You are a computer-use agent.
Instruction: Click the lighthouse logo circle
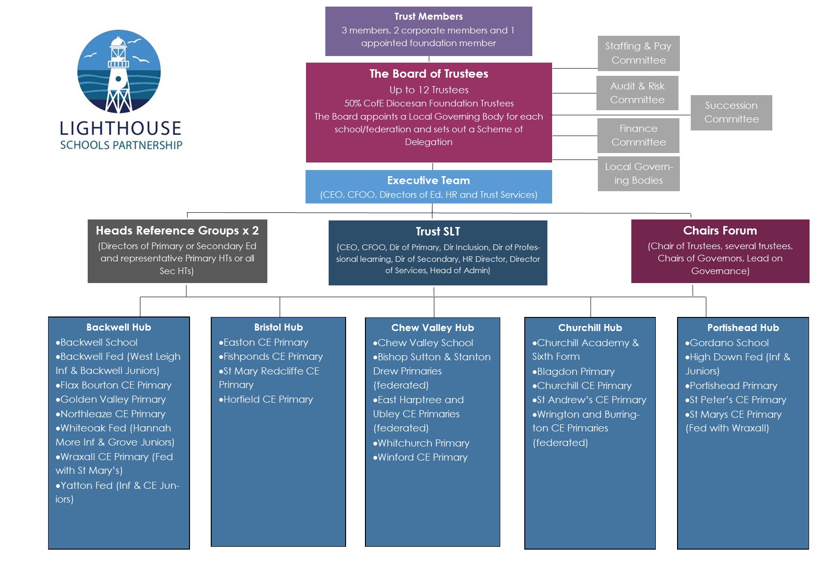[119, 72]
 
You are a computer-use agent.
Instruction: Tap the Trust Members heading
[428, 16]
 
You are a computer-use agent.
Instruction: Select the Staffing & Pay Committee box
[638, 53]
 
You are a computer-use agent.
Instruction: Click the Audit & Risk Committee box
[637, 93]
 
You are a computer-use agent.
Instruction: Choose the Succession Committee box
[731, 113]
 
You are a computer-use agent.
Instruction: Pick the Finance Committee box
[638, 135]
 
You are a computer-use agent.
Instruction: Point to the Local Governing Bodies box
[638, 173]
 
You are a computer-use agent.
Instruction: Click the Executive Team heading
[428, 180]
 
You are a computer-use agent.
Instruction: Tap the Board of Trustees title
[429, 74]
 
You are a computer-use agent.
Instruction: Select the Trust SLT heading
[438, 231]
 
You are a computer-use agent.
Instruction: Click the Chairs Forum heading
[719, 230]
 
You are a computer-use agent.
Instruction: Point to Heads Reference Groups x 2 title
[177, 230]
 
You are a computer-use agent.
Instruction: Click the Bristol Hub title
[278, 327]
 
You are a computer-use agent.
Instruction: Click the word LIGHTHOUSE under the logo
[120, 128]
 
